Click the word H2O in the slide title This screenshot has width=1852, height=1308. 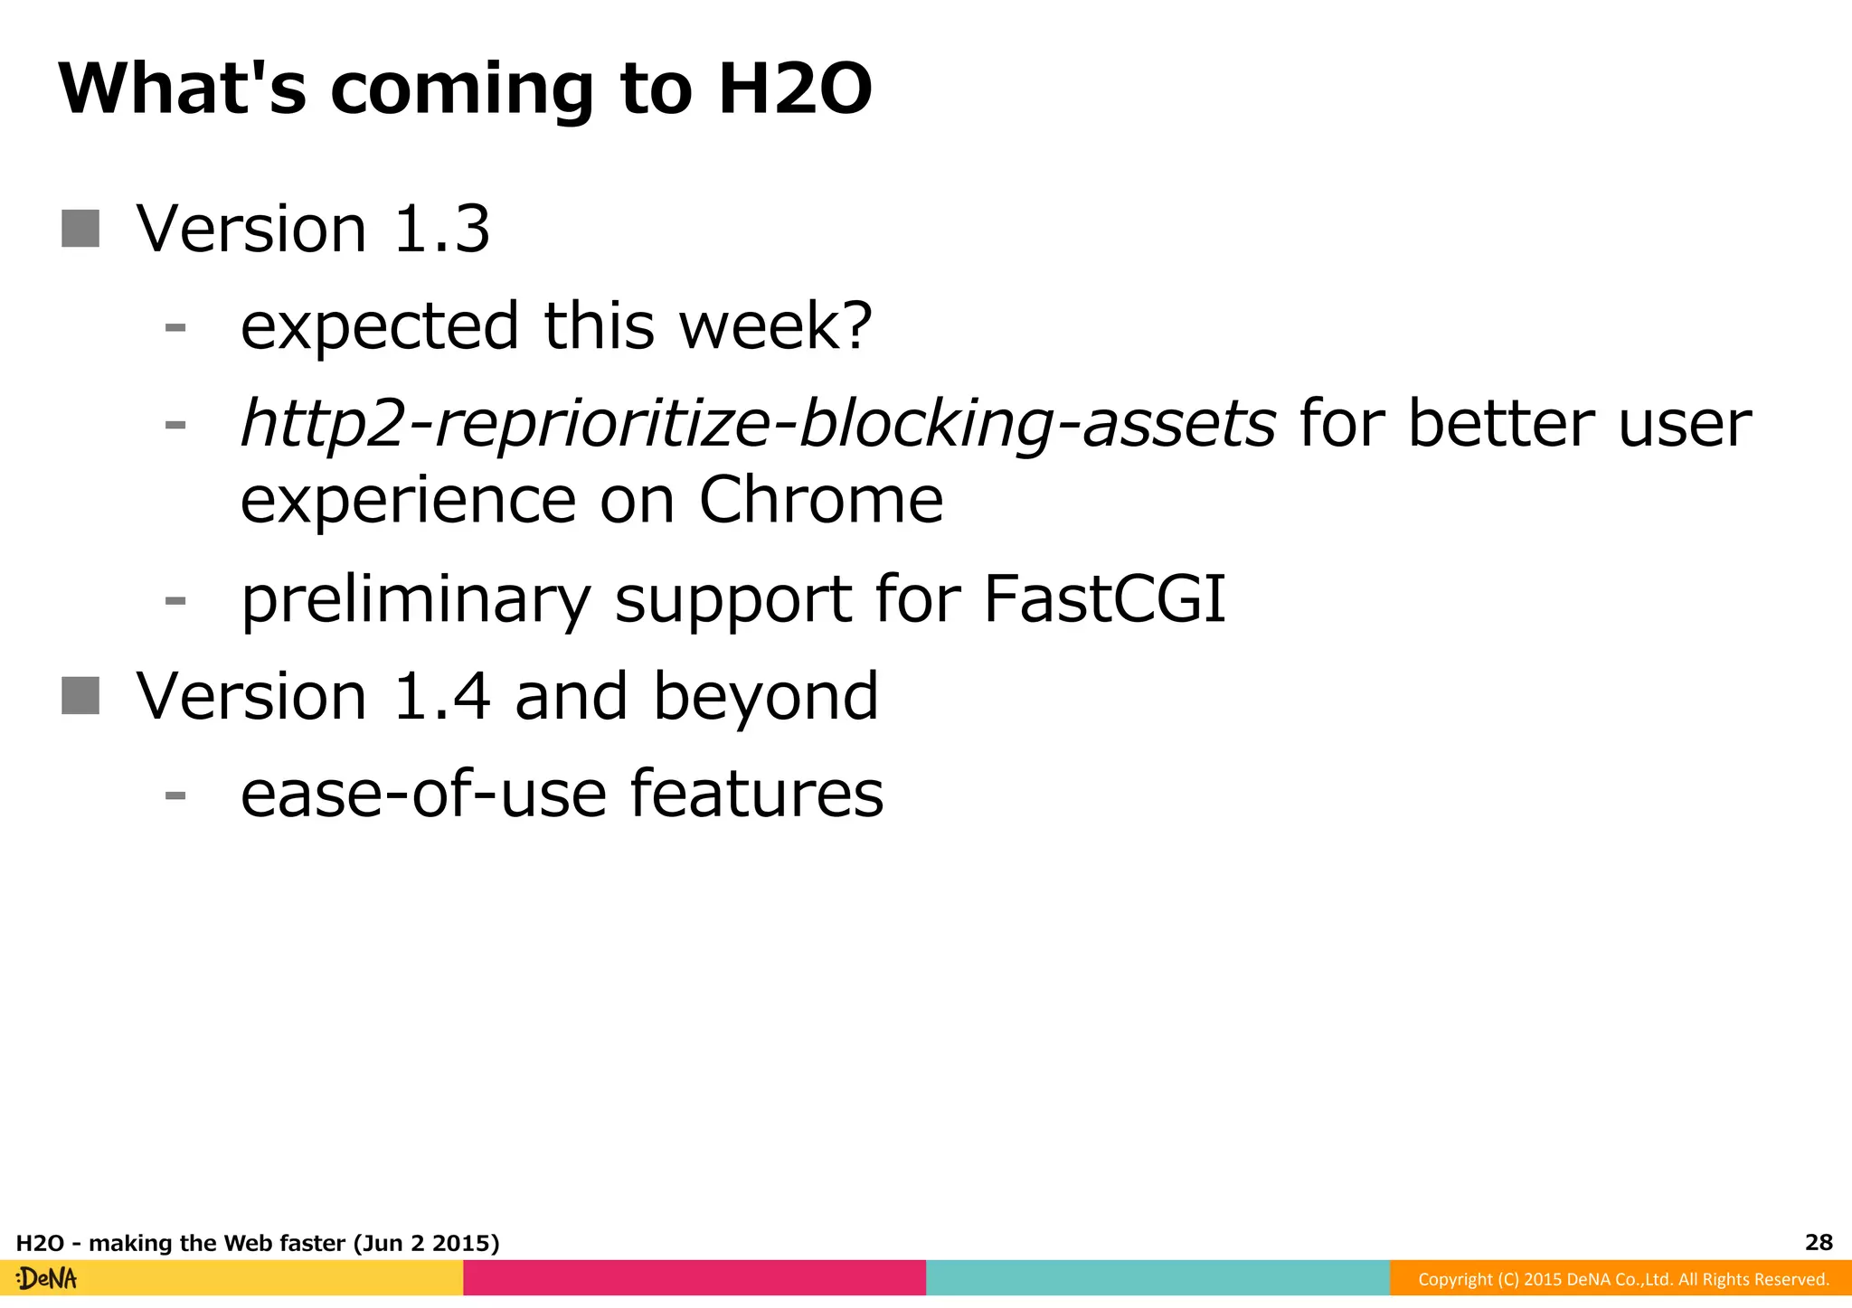795,89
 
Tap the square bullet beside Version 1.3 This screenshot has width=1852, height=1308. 80,229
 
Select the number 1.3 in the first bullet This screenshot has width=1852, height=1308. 442,229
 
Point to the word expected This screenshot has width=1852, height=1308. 380,326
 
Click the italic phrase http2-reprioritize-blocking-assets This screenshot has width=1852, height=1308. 758,424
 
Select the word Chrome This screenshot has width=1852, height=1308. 821,500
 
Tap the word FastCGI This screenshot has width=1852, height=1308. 1104,598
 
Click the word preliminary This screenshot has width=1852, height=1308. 416,600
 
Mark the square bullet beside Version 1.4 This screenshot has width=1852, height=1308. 80,696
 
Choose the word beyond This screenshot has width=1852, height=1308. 765,697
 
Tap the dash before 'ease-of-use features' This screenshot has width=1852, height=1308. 175,795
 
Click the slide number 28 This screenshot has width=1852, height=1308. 1818,1242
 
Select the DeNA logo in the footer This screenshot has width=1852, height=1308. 47,1278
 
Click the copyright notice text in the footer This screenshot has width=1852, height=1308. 1622,1279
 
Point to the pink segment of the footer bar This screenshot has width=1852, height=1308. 694,1277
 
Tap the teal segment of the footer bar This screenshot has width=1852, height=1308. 1157,1277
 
